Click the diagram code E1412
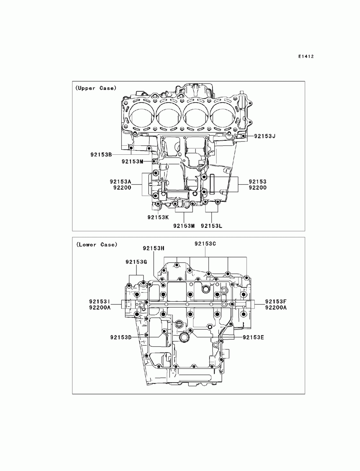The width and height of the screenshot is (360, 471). [x=306, y=56]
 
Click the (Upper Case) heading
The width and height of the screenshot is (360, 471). [x=96, y=88]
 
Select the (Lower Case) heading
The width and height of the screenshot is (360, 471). [x=96, y=244]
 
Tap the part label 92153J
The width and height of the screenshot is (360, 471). [x=265, y=136]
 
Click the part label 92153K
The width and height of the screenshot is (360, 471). [x=158, y=217]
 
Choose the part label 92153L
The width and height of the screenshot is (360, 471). [x=212, y=226]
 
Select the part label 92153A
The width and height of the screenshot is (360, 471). [x=121, y=182]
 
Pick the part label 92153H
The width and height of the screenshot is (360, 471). [x=153, y=248]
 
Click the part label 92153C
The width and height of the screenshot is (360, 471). [x=205, y=244]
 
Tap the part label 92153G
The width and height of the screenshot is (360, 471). [x=136, y=262]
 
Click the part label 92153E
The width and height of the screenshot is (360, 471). [x=253, y=337]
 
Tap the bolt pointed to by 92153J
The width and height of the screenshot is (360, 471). [x=243, y=136]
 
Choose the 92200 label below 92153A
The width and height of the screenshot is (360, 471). [x=121, y=187]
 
